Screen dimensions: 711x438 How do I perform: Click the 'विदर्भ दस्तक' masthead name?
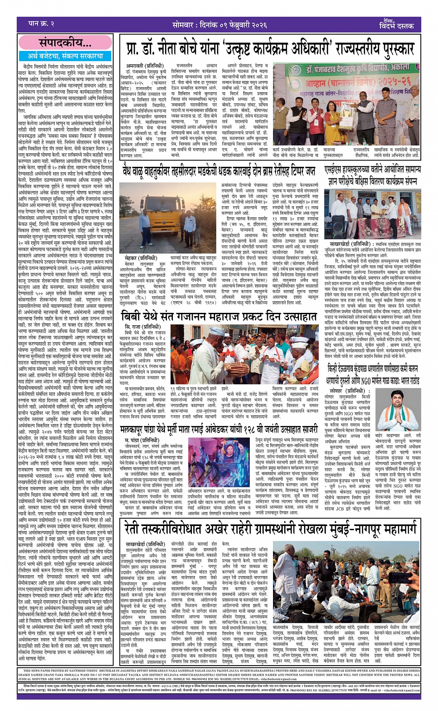[x=397, y=25]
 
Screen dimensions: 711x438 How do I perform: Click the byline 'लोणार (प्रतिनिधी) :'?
[x=342, y=391]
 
